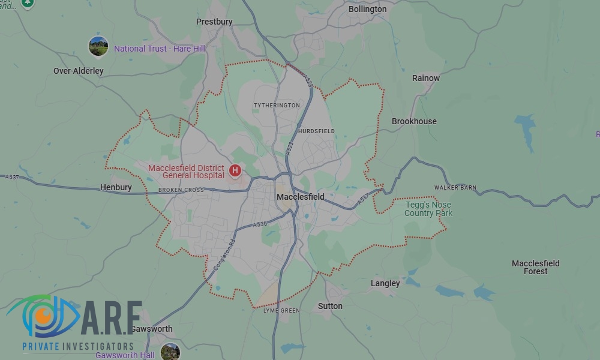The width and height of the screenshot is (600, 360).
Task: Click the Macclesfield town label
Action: click(x=300, y=197)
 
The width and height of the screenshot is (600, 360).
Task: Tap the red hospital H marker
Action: click(x=235, y=171)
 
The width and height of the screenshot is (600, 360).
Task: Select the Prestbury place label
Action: click(x=214, y=22)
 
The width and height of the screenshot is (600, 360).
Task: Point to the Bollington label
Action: click(x=367, y=9)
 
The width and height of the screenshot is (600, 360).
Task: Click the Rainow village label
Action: click(x=425, y=78)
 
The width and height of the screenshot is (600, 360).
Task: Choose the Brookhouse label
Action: click(x=414, y=121)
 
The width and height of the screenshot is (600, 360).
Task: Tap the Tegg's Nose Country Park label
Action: click(x=428, y=209)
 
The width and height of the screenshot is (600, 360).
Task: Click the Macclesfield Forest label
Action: click(x=535, y=267)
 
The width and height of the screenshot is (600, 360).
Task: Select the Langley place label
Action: click(x=385, y=283)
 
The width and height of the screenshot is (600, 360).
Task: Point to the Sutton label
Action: click(x=330, y=306)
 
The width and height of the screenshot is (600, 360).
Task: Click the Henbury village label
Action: click(x=116, y=187)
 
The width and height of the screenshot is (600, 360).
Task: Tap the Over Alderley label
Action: click(x=78, y=71)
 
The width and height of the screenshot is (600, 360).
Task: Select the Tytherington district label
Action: click(x=277, y=106)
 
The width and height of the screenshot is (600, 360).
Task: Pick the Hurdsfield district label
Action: click(x=316, y=131)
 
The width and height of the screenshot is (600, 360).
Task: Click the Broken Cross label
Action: click(x=181, y=190)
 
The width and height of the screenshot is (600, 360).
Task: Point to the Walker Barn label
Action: click(x=455, y=188)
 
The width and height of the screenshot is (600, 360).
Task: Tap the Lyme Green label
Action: click(x=281, y=311)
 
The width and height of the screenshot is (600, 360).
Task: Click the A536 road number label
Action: click(x=260, y=224)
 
